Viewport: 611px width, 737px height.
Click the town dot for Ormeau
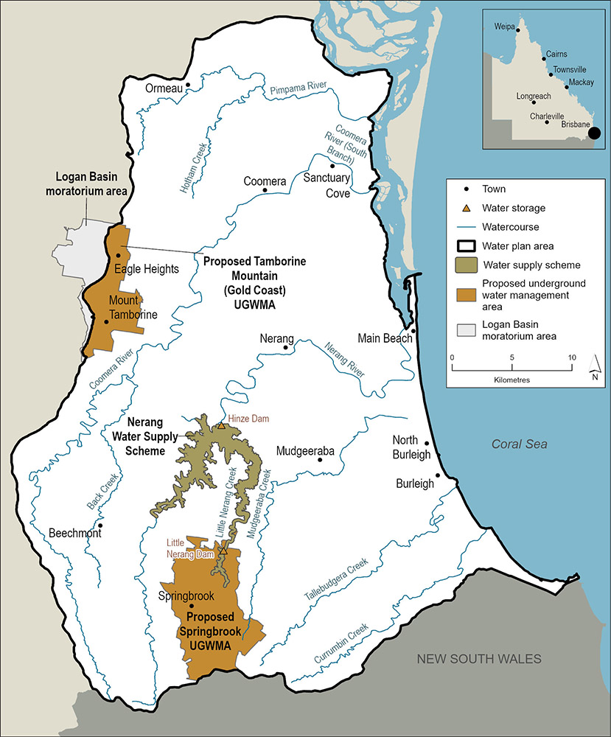[x=189, y=85]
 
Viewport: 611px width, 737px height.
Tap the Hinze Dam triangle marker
[x=220, y=425]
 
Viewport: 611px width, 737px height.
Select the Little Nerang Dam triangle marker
[x=223, y=550]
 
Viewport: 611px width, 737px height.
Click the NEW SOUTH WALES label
[x=480, y=658]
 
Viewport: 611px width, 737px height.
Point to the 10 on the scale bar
[x=571, y=357]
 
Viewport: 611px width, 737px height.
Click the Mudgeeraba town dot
[x=320, y=460]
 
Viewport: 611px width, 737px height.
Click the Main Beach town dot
[x=413, y=331]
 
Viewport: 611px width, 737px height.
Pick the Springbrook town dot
[x=192, y=606]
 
